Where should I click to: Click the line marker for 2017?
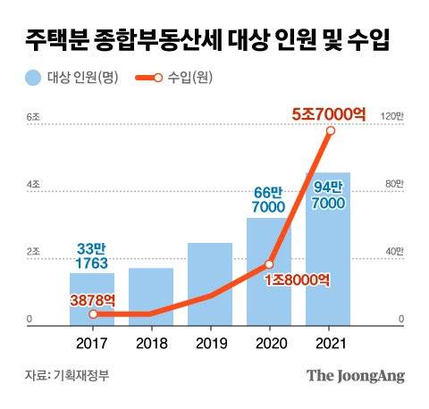[93, 313]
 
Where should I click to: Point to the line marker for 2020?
[269, 264]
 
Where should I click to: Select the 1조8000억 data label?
[299, 280]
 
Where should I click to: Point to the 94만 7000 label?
[330, 194]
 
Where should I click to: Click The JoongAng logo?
[356, 375]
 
